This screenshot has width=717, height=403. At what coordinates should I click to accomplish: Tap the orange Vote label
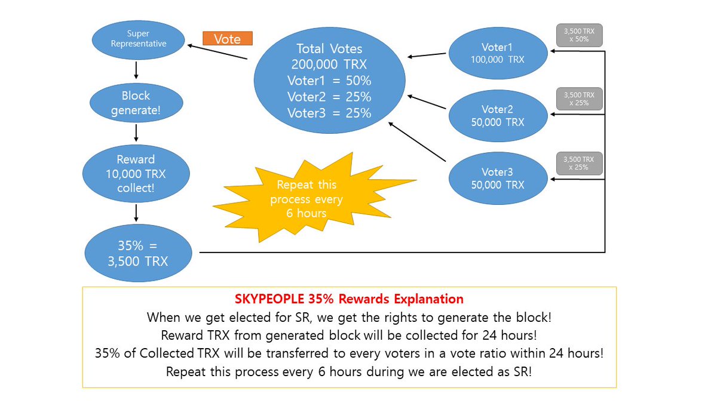tap(228, 39)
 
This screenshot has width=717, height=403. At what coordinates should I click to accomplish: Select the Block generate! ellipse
tap(136, 103)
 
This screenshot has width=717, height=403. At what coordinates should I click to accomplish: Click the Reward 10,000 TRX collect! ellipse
tap(136, 174)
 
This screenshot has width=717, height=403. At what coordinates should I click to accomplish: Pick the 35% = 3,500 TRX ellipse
tap(139, 253)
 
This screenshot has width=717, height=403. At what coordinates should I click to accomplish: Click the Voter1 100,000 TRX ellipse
tap(497, 54)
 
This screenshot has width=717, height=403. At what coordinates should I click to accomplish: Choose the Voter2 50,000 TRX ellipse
tap(497, 115)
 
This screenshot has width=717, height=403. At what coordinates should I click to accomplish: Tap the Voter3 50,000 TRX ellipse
tap(497, 178)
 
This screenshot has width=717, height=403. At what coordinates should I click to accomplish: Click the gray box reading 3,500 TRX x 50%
tap(579, 35)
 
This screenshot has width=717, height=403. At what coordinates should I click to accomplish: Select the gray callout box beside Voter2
tap(579, 99)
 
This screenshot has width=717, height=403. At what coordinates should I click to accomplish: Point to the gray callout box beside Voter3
tap(579, 163)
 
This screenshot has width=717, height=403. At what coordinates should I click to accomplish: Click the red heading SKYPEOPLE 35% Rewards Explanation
tap(349, 299)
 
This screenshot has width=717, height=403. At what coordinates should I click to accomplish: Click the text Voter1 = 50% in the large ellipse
tap(329, 80)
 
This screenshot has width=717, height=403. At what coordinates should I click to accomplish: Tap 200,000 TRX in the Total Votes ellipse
tap(329, 64)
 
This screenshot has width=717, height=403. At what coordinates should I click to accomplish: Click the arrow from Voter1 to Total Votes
tap(427, 56)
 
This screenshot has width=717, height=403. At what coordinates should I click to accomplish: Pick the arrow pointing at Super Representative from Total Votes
tap(217, 51)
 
